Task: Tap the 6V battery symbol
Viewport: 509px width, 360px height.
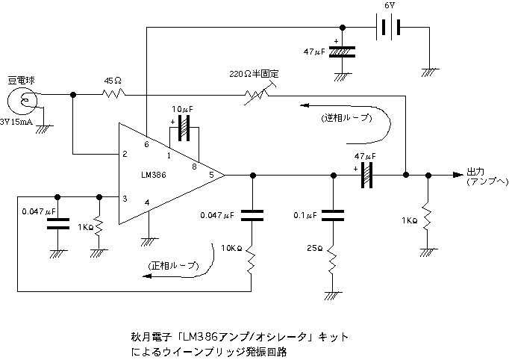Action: pyautogui.click(x=386, y=27)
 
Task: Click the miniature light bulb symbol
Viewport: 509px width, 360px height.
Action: pyautogui.click(x=23, y=101)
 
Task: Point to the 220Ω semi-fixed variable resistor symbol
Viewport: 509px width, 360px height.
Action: pyautogui.click(x=254, y=94)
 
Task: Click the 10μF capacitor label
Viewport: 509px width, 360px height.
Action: pyautogui.click(x=182, y=109)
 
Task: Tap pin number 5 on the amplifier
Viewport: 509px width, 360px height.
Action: pyautogui.click(x=211, y=175)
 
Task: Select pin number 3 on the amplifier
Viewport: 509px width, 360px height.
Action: pyautogui.click(x=125, y=198)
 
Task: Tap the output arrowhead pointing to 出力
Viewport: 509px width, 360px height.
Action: pyautogui.click(x=456, y=175)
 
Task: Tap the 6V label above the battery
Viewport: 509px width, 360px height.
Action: pyautogui.click(x=389, y=6)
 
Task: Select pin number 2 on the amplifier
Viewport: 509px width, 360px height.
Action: pyautogui.click(x=125, y=155)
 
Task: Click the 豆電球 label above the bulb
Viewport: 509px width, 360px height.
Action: pyautogui.click(x=22, y=79)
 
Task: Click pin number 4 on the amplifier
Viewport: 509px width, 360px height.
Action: pyautogui.click(x=147, y=202)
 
